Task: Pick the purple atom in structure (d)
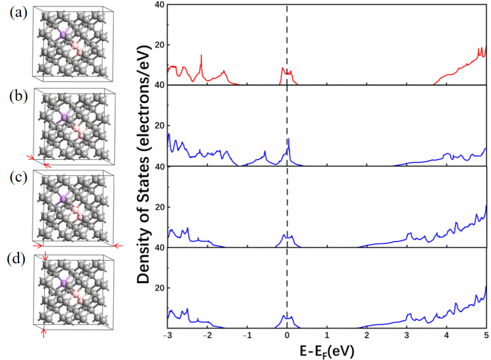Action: [x=61, y=284]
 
